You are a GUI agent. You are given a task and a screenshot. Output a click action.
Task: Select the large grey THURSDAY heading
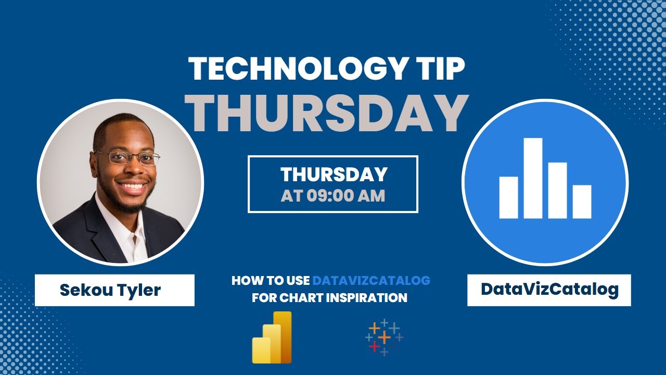click(x=326, y=113)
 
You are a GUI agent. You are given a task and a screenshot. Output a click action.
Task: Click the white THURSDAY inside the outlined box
click(x=334, y=174)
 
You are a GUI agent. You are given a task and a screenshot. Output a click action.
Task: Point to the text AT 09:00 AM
click(x=333, y=196)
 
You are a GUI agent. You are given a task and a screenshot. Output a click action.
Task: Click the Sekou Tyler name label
click(x=110, y=290)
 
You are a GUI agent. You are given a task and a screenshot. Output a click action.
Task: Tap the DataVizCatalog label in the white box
click(x=549, y=289)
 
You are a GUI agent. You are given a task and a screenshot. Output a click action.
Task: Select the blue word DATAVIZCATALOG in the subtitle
click(x=372, y=280)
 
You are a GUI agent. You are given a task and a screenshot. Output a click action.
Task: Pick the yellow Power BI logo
click(x=272, y=337)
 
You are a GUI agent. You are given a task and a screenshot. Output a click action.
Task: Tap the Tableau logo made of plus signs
click(x=384, y=337)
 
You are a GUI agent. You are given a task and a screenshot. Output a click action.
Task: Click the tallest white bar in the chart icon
click(x=533, y=178)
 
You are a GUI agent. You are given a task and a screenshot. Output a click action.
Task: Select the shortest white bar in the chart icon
click(x=582, y=202)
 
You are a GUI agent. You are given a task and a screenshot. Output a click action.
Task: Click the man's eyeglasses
click(x=127, y=157)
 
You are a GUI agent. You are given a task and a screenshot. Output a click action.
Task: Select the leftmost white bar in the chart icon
click(x=508, y=197)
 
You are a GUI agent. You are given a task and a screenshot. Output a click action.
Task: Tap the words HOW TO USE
click(x=271, y=280)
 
